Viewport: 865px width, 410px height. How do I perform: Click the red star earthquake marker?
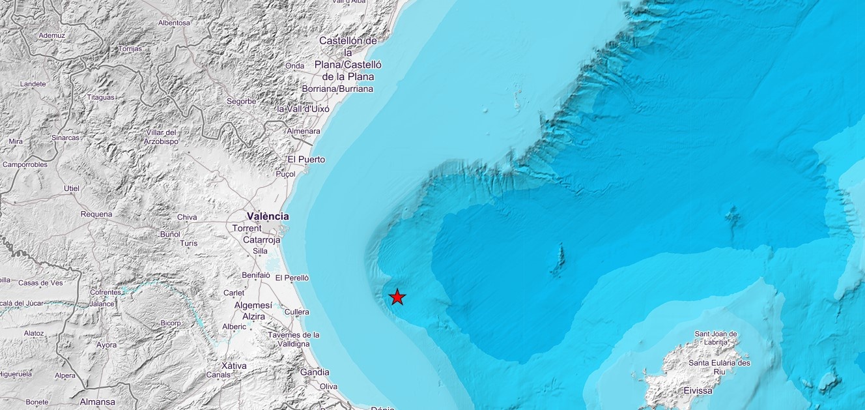397,297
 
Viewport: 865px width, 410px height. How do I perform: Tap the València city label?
268,216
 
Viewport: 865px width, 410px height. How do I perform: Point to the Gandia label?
315,372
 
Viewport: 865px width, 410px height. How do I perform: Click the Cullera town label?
296,312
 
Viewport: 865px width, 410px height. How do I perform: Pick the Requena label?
96,214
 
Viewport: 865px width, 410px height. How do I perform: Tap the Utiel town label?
71,189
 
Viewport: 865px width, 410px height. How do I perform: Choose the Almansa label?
97,402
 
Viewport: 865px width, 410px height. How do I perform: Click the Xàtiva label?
234,366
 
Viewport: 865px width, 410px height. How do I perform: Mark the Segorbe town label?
241,102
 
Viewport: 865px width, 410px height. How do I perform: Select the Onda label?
294,66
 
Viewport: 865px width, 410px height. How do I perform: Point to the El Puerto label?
306,160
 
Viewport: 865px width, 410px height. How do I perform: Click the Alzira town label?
253,317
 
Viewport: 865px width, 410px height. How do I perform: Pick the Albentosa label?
174,23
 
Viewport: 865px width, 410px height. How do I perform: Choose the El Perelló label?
292,278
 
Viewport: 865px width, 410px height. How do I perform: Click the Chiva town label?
187,218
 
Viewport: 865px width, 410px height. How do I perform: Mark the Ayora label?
106,345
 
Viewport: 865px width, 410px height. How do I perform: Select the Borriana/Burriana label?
337,89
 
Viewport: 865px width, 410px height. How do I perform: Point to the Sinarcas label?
65,138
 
